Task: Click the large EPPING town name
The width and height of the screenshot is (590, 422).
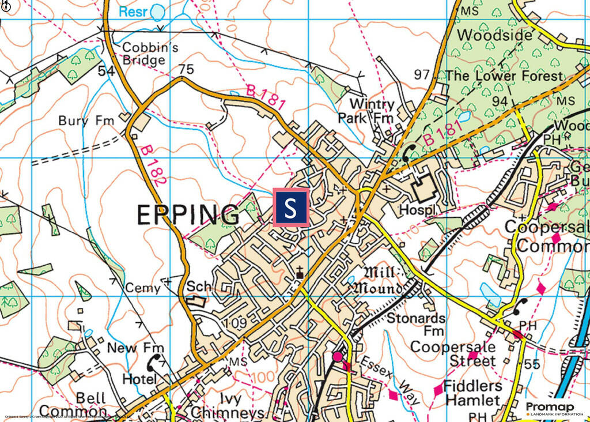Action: (x=188, y=215)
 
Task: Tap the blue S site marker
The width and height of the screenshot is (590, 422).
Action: (x=291, y=207)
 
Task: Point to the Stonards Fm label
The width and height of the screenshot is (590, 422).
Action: (x=416, y=324)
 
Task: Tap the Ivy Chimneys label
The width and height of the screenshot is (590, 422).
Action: (x=227, y=406)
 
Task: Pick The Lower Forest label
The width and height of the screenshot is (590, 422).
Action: (x=504, y=76)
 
